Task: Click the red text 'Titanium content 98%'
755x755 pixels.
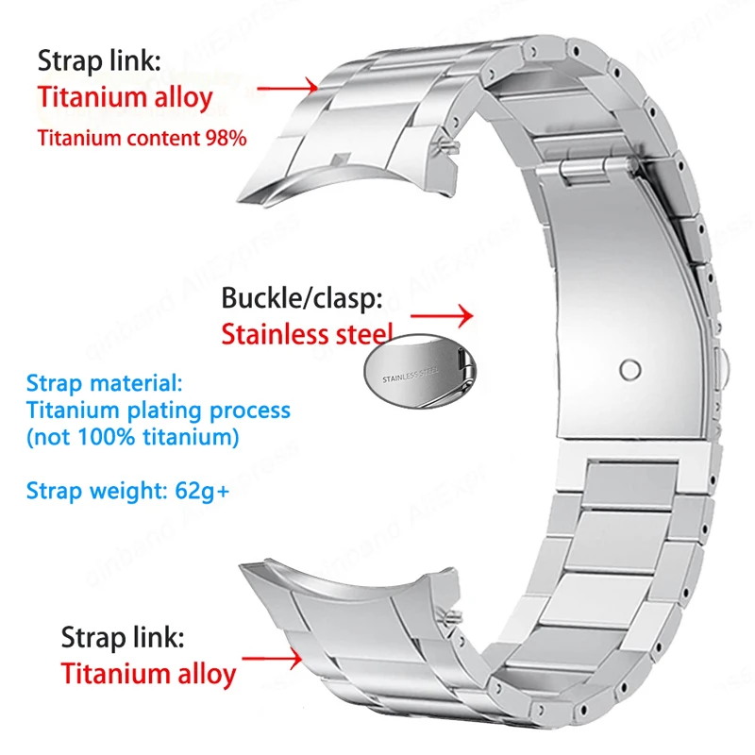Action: coord(142,138)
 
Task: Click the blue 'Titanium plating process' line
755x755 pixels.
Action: coord(159,410)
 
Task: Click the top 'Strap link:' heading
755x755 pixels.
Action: coord(100,61)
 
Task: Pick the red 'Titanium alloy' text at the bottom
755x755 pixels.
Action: coord(148,674)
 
